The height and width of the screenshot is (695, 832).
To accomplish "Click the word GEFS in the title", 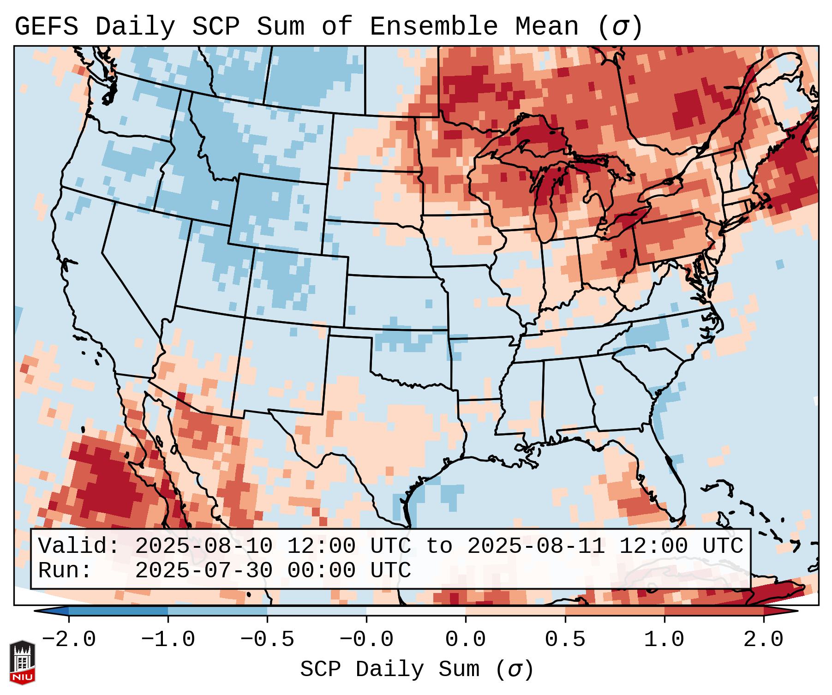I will tap(46, 27).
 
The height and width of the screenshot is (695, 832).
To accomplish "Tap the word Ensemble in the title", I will tap(433, 27).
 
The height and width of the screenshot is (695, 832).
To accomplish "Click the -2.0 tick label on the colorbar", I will tap(69, 640).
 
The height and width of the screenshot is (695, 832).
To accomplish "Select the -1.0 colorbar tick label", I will tap(168, 640).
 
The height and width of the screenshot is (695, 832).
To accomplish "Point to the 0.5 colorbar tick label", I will tap(565, 640).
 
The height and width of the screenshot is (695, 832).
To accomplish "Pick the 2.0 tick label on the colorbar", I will tap(763, 640).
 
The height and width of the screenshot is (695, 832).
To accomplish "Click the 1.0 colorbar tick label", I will tap(664, 640).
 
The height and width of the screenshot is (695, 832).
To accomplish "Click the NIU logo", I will tap(22, 662).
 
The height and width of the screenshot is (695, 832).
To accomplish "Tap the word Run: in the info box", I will tap(65, 571).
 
